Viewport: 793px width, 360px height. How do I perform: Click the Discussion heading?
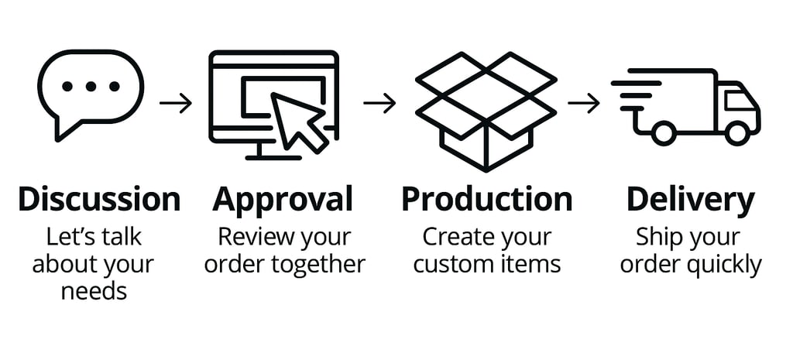pyautogui.click(x=99, y=200)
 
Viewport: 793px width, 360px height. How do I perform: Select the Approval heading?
pyautogui.click(x=283, y=200)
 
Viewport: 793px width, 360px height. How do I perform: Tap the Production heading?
pyautogui.click(x=486, y=200)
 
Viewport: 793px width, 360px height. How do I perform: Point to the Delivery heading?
pyautogui.click(x=690, y=200)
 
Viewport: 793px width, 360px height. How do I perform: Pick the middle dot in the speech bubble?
pyautogui.click(x=91, y=86)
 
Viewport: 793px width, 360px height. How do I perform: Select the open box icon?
pyautogui.click(x=486, y=108)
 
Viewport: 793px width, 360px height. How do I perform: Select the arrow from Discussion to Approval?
pyautogui.click(x=176, y=103)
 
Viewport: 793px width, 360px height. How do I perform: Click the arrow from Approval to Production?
pyautogui.click(x=379, y=103)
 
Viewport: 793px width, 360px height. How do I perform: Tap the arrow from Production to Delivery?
pyautogui.click(x=584, y=103)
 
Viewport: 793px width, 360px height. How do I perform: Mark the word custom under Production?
pyautogui.click(x=451, y=265)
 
